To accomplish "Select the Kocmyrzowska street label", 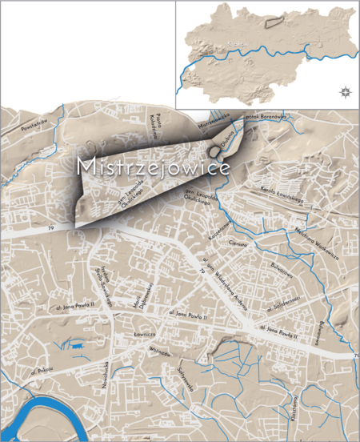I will pyautogui.click(x=220, y=233).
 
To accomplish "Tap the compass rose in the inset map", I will pyautogui.click(x=344, y=91).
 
